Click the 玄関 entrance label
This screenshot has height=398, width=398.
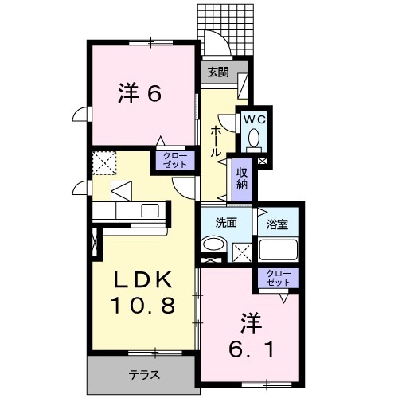click(x=218, y=71)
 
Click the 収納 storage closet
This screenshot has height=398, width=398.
click(x=241, y=178)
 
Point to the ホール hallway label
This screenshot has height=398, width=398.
click(x=216, y=141)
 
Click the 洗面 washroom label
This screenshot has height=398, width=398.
click(x=226, y=223)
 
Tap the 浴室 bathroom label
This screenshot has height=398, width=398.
click(x=278, y=224)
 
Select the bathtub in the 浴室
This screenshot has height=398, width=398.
click(x=278, y=250)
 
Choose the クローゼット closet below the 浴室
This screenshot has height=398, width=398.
click(x=278, y=278)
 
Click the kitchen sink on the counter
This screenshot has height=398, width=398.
click(x=150, y=211)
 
